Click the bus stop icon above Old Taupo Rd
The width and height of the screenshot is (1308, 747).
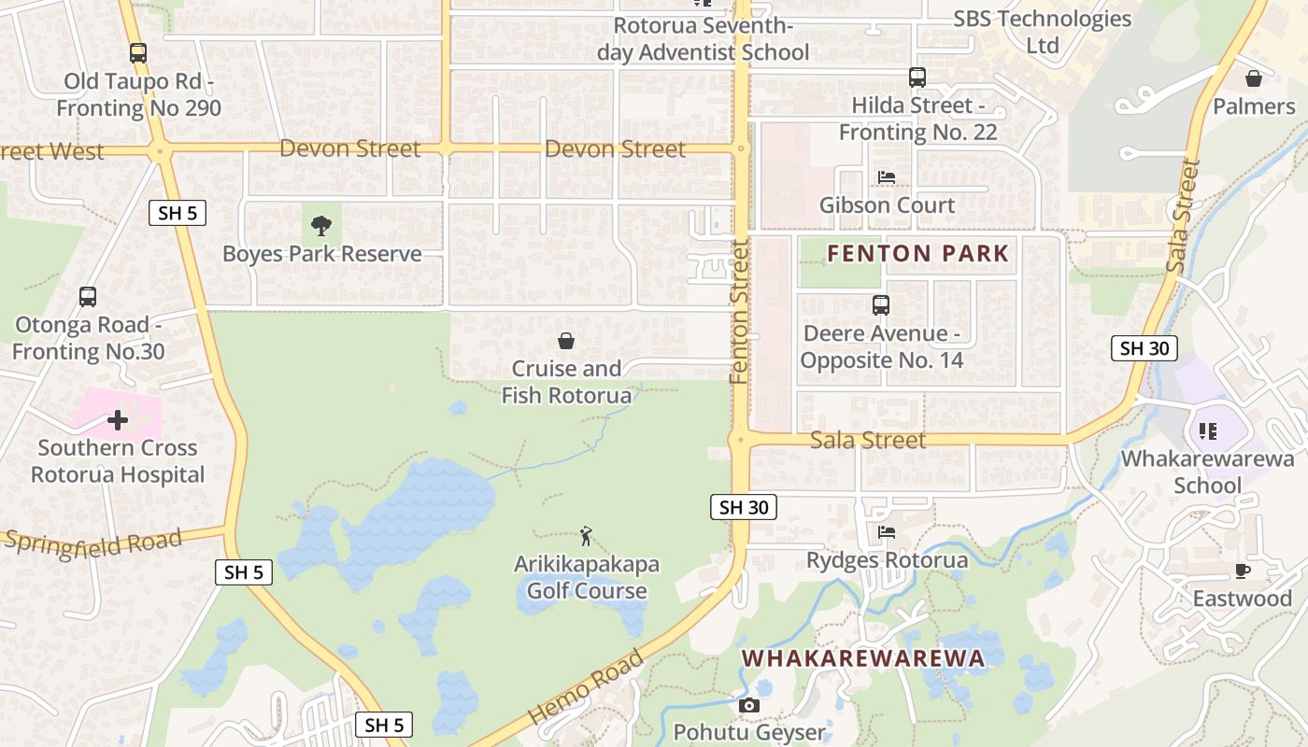pyautogui.click(x=138, y=53)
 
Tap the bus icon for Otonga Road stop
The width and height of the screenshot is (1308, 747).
pyautogui.click(x=88, y=297)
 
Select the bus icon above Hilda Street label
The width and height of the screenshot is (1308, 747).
pyautogui.click(x=917, y=78)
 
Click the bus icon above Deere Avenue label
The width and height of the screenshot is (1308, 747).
pyautogui.click(x=881, y=304)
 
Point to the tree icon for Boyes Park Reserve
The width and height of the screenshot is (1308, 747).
pyautogui.click(x=321, y=225)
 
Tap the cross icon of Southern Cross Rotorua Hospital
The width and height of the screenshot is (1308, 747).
pyautogui.click(x=118, y=420)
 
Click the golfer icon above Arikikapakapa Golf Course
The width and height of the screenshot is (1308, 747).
pyautogui.click(x=586, y=536)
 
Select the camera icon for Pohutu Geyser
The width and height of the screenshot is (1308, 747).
pyautogui.click(x=749, y=705)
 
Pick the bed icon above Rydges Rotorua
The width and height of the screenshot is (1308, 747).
pyautogui.click(x=887, y=532)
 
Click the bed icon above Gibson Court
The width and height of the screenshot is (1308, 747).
pyautogui.click(x=887, y=176)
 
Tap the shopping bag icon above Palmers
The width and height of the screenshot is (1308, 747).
pyautogui.click(x=1254, y=78)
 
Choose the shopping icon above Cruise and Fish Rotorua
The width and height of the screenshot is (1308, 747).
pyautogui.click(x=566, y=341)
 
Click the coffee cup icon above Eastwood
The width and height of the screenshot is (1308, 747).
pyautogui.click(x=1242, y=571)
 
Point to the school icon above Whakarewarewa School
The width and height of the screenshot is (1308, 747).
pyautogui.click(x=1207, y=430)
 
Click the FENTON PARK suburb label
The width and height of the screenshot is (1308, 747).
pyautogui.click(x=918, y=253)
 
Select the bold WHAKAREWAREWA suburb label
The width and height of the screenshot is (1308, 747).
pyautogui.click(x=863, y=658)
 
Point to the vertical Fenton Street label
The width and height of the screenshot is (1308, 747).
pyautogui.click(x=740, y=311)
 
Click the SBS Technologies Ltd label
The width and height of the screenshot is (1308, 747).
pyautogui.click(x=1042, y=32)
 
